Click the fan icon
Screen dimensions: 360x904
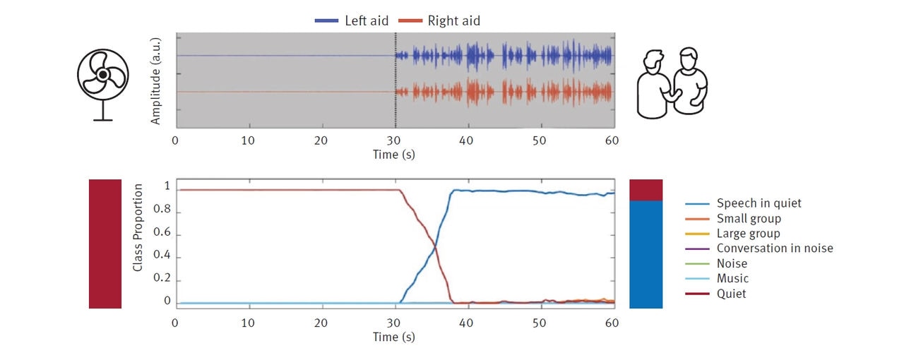pos(102,84)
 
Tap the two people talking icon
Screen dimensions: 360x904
pos(672,83)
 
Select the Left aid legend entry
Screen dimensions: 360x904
pos(352,20)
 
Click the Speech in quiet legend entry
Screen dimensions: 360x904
pos(759,203)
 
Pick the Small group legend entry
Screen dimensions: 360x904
pos(749,219)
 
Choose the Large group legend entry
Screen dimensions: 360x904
pos(748,234)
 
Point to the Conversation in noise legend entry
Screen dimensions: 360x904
pos(774,248)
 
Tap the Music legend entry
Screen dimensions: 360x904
pos(732,279)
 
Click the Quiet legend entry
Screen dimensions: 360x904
pos(731,294)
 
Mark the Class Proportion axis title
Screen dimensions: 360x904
pos(138,228)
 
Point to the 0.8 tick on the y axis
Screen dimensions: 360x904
pos(162,211)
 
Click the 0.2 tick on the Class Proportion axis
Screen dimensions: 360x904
pos(162,280)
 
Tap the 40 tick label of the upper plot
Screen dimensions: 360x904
pos(466,140)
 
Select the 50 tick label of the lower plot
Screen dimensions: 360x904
pos(539,323)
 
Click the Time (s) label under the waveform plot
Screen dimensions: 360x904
pos(394,155)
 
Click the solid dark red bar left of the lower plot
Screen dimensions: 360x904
pos(105,244)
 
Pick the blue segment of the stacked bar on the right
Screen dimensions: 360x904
pos(646,254)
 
